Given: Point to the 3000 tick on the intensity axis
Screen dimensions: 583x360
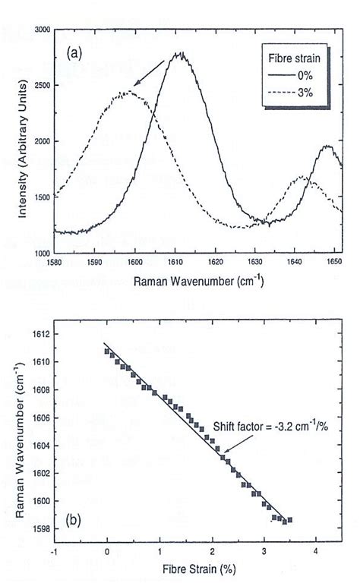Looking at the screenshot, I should [41, 30].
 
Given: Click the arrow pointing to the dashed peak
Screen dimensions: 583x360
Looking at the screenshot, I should [149, 75].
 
